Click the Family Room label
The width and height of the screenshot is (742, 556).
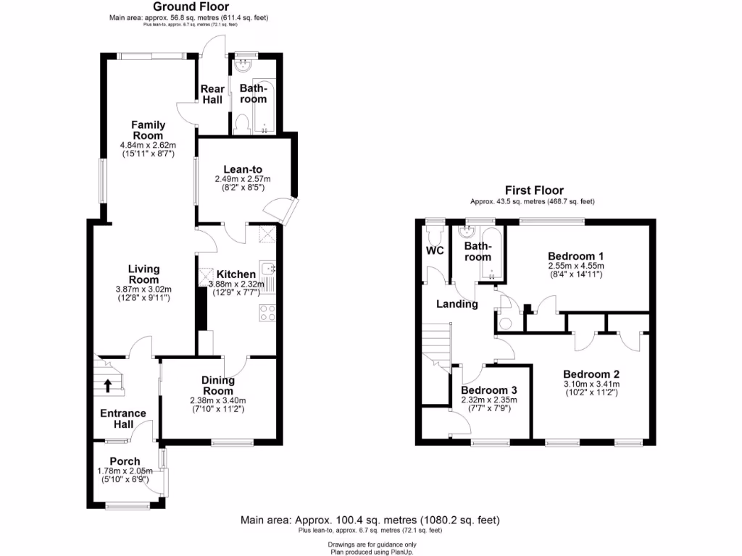148,130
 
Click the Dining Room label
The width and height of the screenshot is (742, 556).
218,385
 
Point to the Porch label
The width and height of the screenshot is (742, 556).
124,461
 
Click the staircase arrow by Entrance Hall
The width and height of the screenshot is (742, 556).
107,385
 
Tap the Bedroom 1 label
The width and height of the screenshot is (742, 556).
576,256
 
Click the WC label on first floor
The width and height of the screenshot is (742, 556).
435,251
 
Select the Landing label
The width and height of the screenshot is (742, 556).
457,304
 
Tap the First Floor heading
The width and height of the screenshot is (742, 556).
533,191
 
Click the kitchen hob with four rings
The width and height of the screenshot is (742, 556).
267,313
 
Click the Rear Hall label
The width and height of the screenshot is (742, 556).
212,94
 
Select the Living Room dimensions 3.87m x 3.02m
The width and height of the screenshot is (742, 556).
145,289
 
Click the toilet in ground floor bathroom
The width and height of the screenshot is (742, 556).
242,123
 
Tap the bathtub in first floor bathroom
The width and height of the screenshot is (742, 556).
493,253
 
